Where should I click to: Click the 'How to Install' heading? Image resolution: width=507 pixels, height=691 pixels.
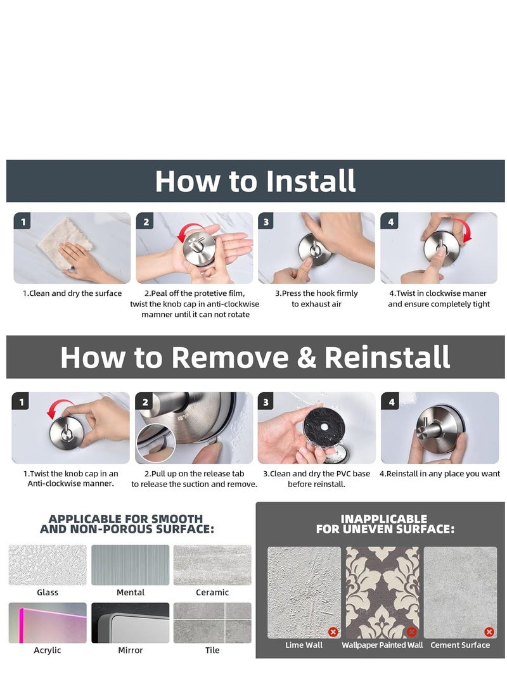(x=255, y=181)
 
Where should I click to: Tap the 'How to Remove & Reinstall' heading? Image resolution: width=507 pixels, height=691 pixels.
(x=255, y=357)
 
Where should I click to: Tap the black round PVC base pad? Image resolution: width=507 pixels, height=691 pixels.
(x=324, y=428)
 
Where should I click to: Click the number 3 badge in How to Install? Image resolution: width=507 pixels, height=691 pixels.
(x=266, y=222)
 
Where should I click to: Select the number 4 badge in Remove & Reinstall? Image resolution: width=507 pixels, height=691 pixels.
(x=392, y=402)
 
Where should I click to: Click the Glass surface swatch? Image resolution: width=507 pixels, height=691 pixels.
(x=48, y=565)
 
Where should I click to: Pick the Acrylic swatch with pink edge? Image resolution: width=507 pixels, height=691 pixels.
(x=48, y=623)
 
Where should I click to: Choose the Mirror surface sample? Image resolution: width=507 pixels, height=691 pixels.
(x=130, y=623)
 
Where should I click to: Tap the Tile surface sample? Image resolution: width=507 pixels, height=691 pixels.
(x=212, y=623)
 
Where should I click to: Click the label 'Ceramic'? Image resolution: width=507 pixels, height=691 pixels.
(x=212, y=592)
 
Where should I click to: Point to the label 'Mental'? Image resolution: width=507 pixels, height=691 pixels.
(x=130, y=592)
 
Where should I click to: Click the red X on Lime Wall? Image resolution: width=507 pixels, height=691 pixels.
(x=333, y=632)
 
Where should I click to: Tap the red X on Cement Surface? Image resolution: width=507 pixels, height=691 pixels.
(x=489, y=632)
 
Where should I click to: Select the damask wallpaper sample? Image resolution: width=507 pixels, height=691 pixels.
(x=382, y=592)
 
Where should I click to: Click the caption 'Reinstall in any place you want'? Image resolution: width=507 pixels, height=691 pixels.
(x=443, y=474)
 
